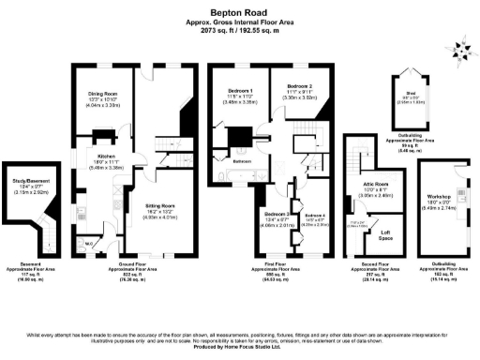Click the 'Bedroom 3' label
(x=275, y=214)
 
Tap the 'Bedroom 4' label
(x=314, y=216)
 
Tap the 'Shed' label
(x=411, y=93)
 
